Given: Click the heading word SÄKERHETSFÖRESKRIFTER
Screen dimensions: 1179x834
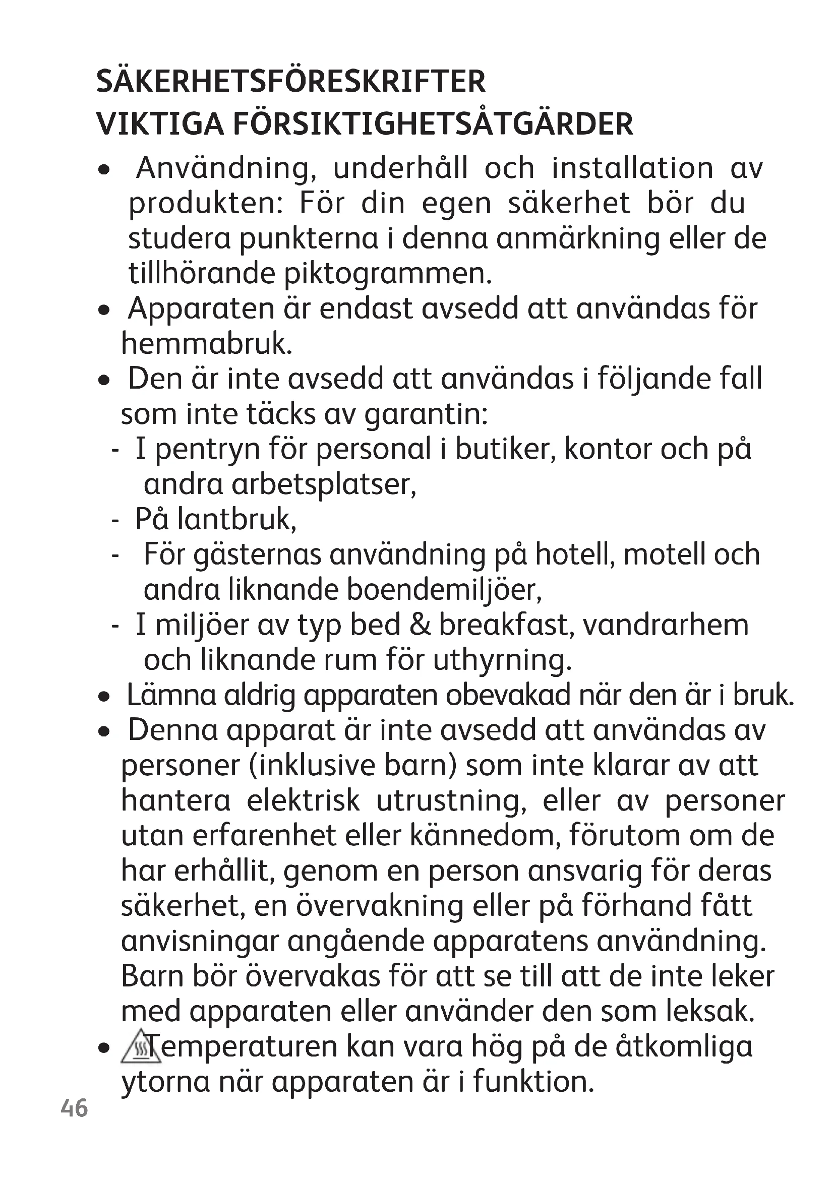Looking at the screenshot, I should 290,82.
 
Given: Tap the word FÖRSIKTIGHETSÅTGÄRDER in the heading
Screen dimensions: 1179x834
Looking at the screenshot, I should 433,125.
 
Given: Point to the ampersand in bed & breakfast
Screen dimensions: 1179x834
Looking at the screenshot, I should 420,625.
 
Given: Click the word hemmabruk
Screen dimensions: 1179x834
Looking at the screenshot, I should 206,344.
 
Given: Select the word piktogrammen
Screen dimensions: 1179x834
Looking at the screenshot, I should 388,274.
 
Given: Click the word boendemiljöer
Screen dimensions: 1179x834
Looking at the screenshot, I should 444,590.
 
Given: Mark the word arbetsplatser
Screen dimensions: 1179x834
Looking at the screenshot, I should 324,484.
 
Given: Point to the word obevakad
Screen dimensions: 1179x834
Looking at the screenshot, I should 508,695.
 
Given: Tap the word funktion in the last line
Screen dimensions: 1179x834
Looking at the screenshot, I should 533,1081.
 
